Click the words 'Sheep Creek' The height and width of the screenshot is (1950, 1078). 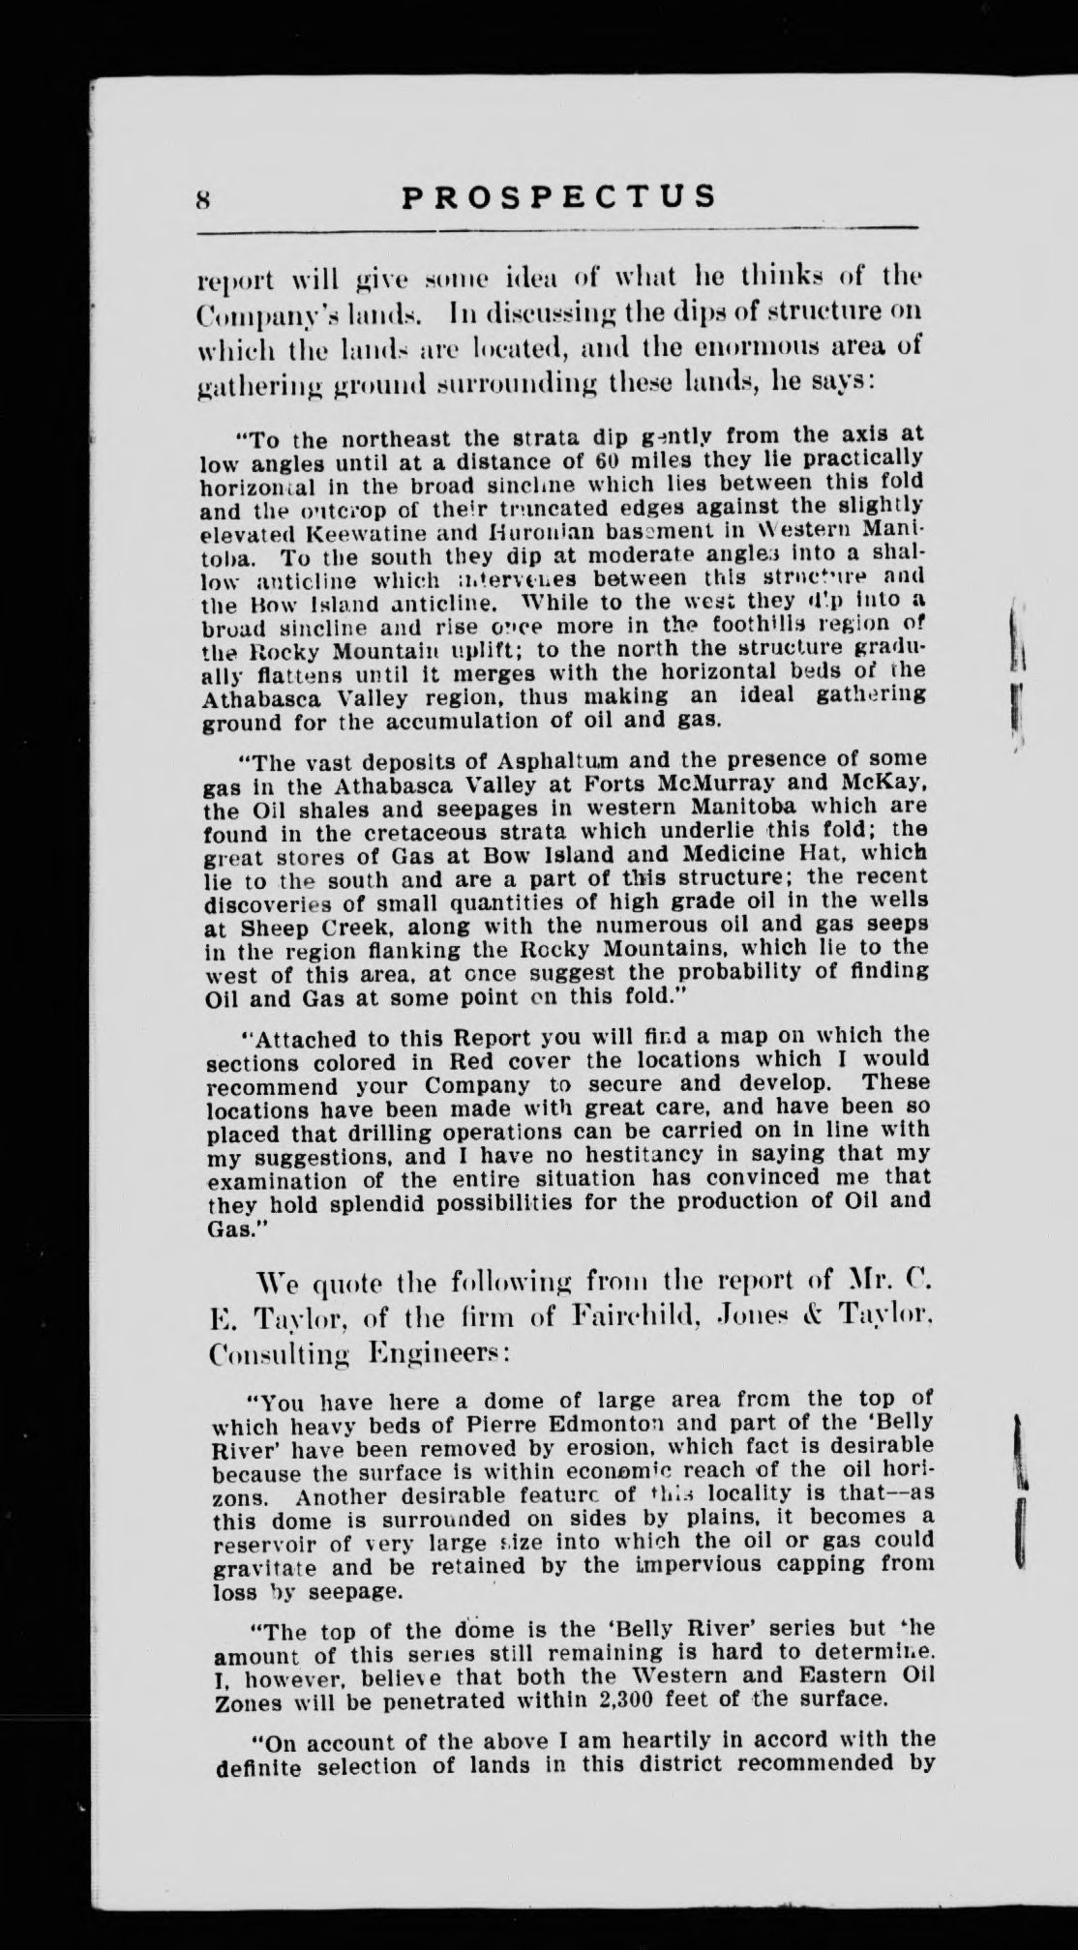pos(288,924)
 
